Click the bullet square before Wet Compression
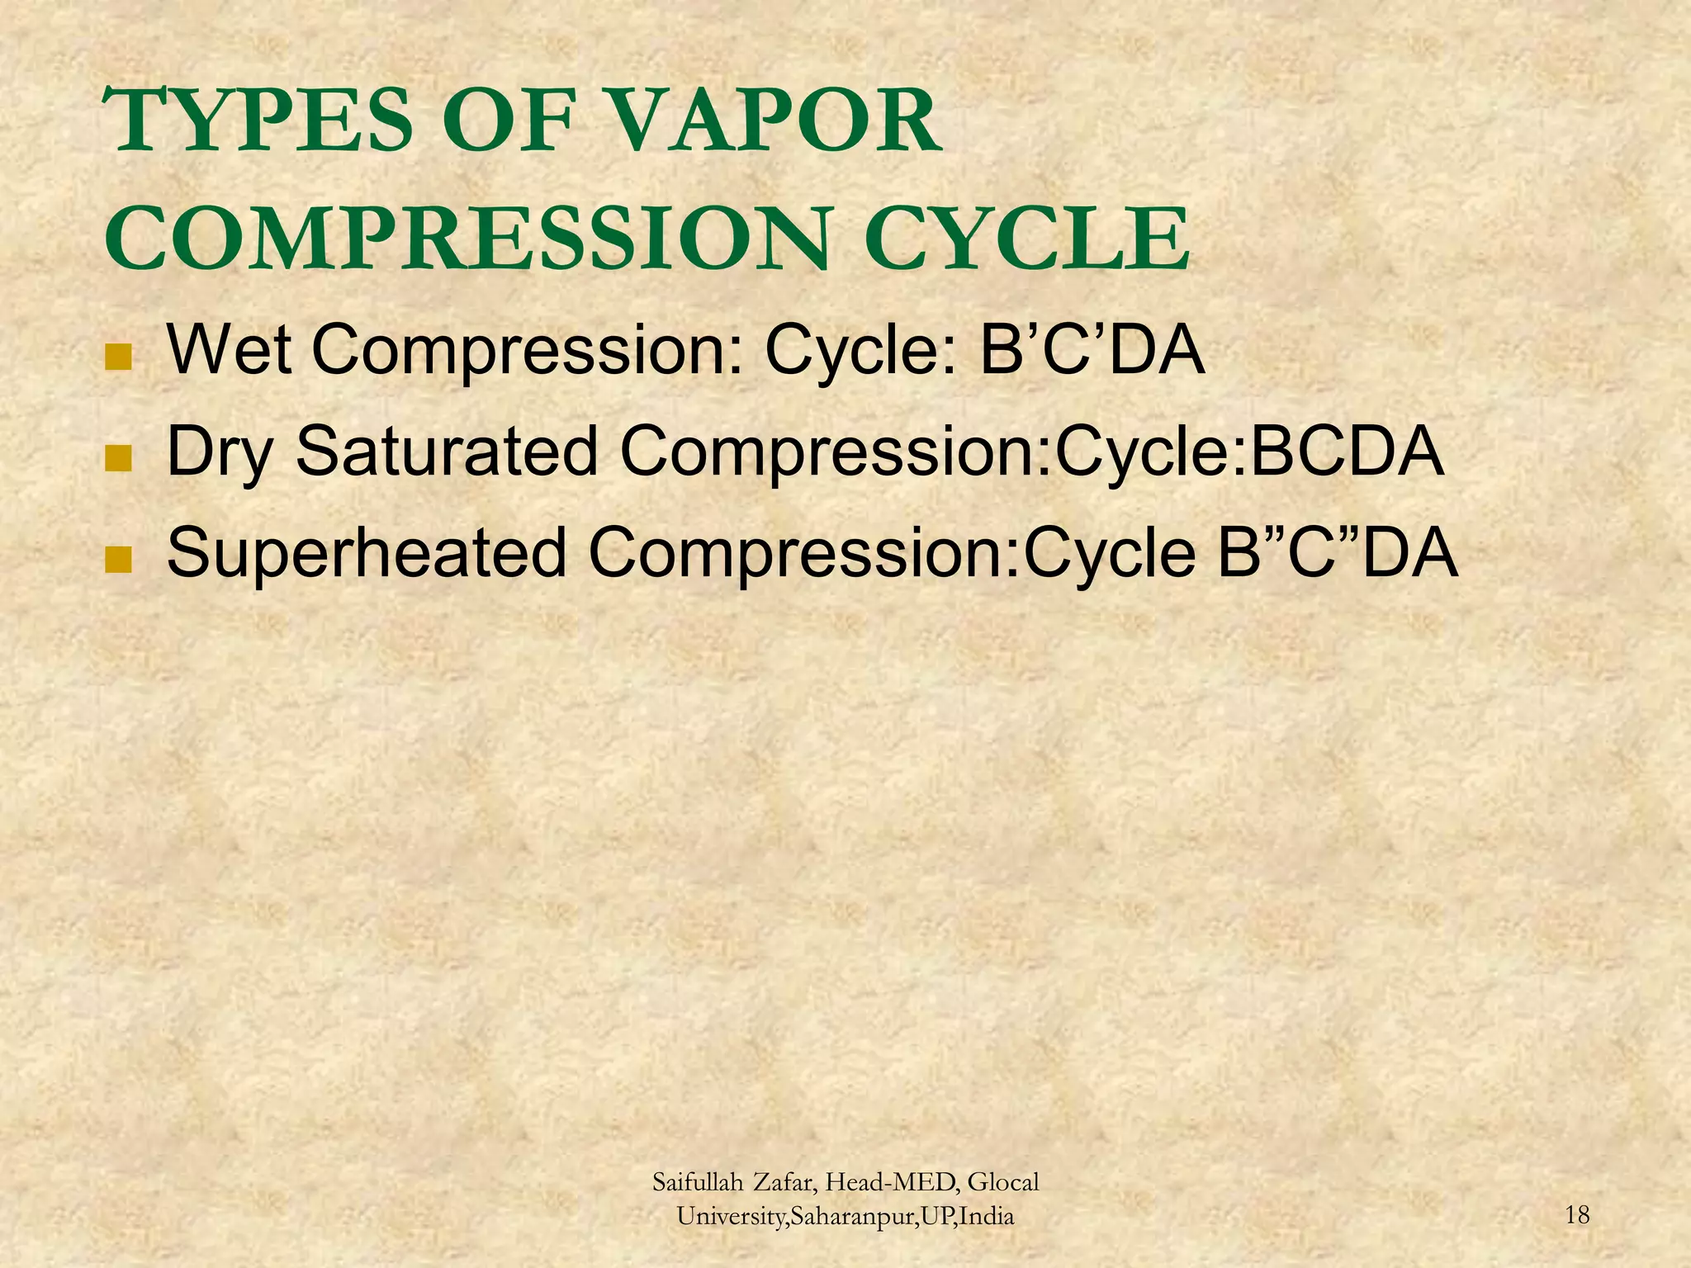pyautogui.click(x=119, y=357)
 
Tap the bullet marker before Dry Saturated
pyautogui.click(x=119, y=458)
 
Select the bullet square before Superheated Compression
pyautogui.click(x=119, y=560)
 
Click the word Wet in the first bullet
pyautogui.click(x=229, y=349)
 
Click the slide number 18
pyautogui.click(x=1577, y=1215)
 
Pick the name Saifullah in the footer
pyautogui.click(x=699, y=1183)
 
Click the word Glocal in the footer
pyautogui.click(x=1002, y=1183)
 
